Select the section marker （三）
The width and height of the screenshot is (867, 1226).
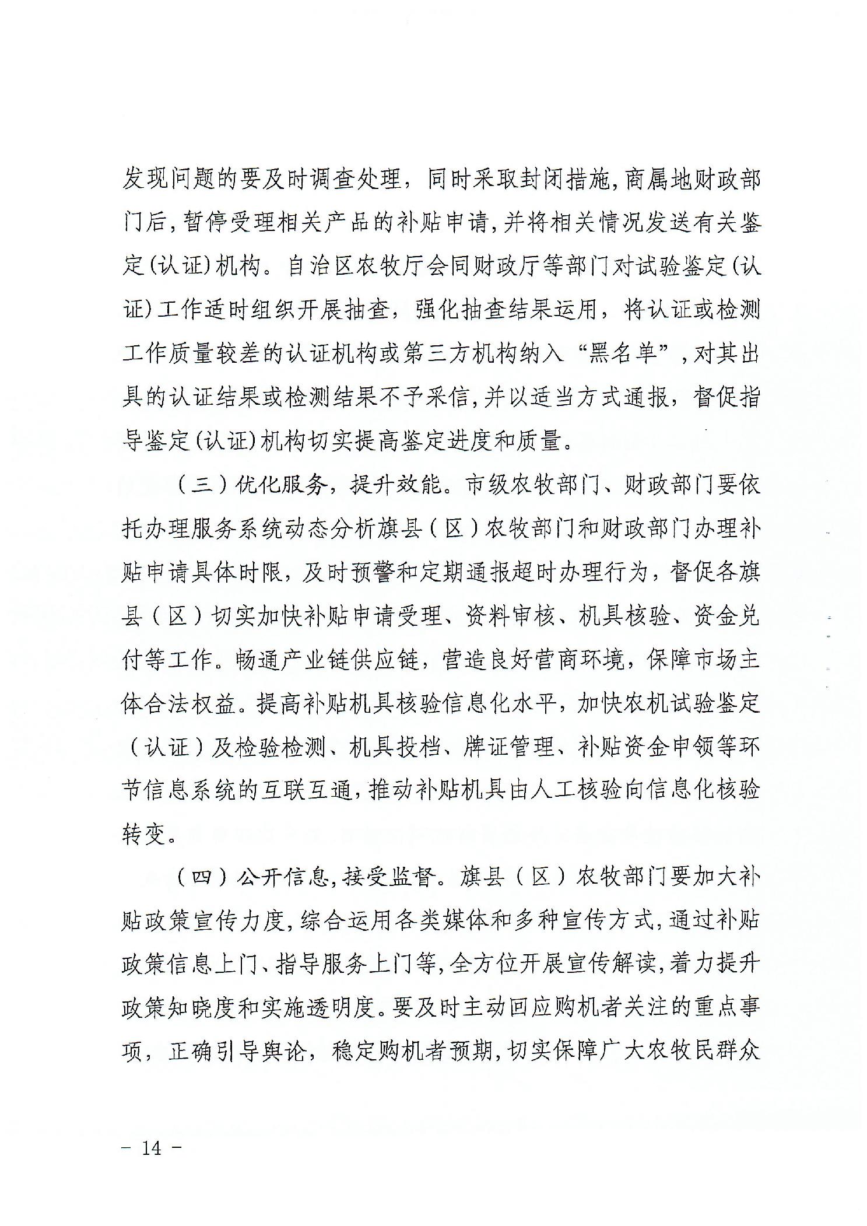coord(202,485)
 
